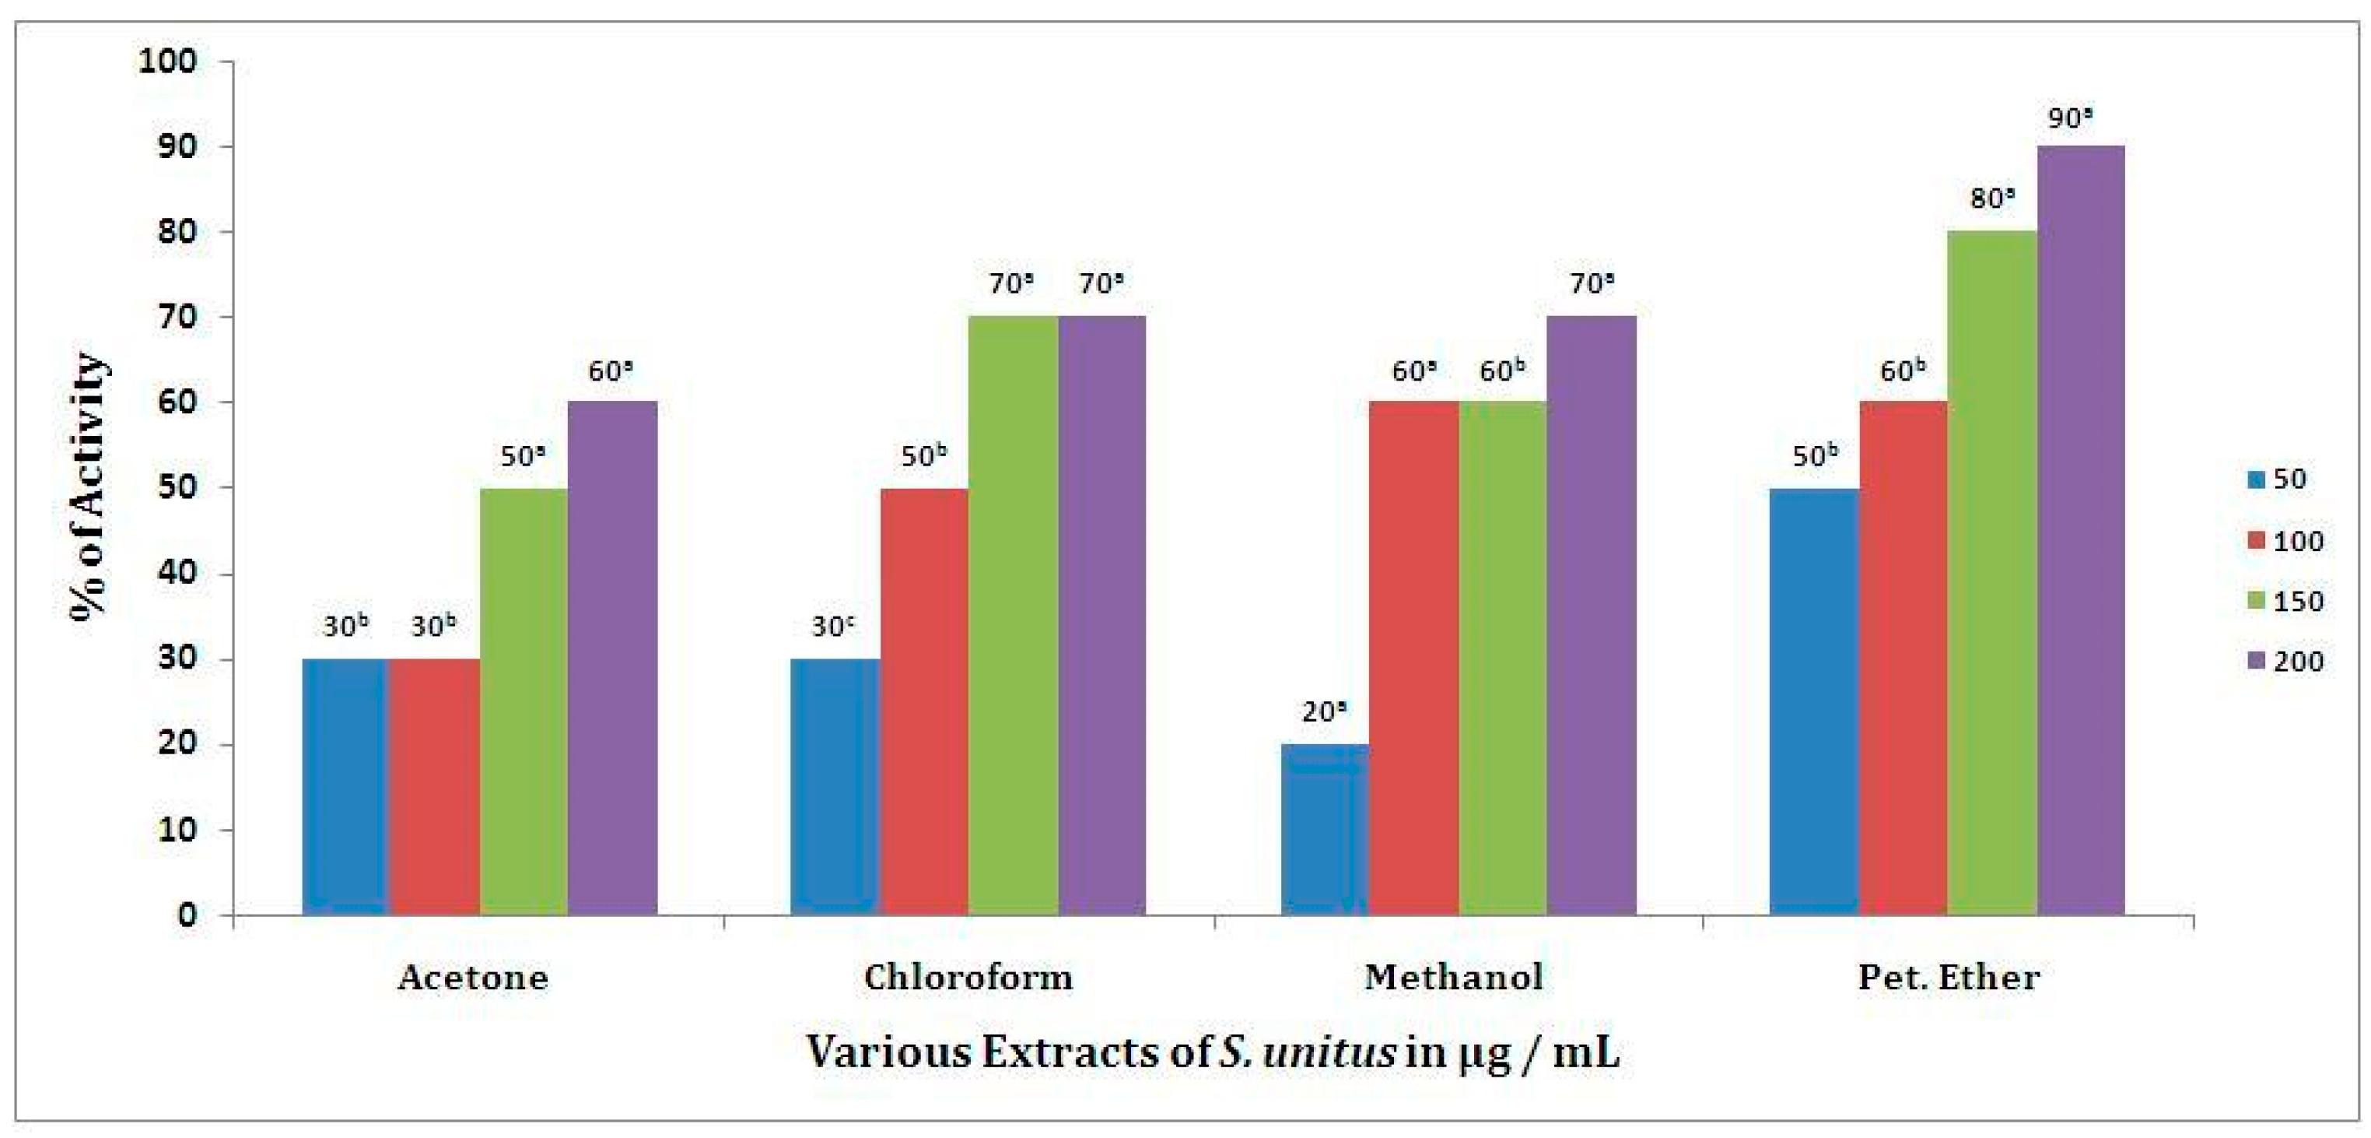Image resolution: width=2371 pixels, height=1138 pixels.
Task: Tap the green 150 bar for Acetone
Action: [524, 701]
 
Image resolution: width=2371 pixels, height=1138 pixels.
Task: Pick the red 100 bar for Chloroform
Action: [924, 701]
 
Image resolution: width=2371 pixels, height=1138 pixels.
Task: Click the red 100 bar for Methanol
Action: [1413, 658]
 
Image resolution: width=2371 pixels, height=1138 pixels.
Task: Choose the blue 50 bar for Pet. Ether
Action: [1814, 701]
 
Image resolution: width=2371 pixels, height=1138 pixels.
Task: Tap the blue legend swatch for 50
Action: [2256, 479]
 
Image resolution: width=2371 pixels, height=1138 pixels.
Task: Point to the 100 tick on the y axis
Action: [167, 61]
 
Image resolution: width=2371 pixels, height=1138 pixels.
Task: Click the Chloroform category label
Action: [968, 977]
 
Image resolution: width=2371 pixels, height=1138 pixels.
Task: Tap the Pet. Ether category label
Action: [1949, 977]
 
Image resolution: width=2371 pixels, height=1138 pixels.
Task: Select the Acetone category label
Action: [473, 977]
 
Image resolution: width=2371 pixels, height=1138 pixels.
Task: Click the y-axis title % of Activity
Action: [89, 488]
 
